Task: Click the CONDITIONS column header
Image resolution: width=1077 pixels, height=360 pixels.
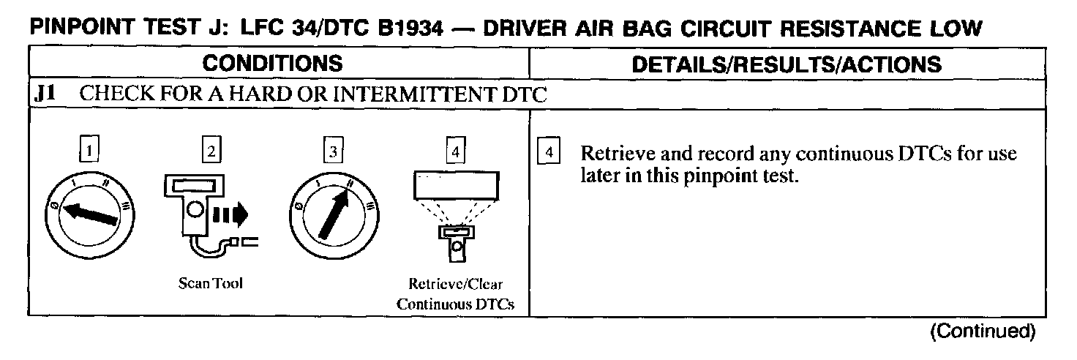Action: coord(272,63)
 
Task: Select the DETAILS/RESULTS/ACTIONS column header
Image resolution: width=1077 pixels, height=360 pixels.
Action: coord(787,64)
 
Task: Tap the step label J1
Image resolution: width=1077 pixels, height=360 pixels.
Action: coord(47,94)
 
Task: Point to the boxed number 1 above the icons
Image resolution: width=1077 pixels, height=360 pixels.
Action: coord(89,151)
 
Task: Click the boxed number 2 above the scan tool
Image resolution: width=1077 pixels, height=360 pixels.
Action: coord(211,151)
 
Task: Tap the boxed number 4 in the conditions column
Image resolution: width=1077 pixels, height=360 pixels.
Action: coord(455,151)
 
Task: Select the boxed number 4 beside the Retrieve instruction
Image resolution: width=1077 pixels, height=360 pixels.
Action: coord(549,154)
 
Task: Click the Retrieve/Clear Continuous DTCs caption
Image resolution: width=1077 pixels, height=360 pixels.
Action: coord(455,294)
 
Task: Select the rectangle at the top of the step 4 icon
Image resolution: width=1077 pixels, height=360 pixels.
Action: coord(456,184)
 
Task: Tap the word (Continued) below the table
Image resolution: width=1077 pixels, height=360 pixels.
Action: coord(982,331)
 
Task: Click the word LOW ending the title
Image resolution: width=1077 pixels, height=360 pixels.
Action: coord(954,29)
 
